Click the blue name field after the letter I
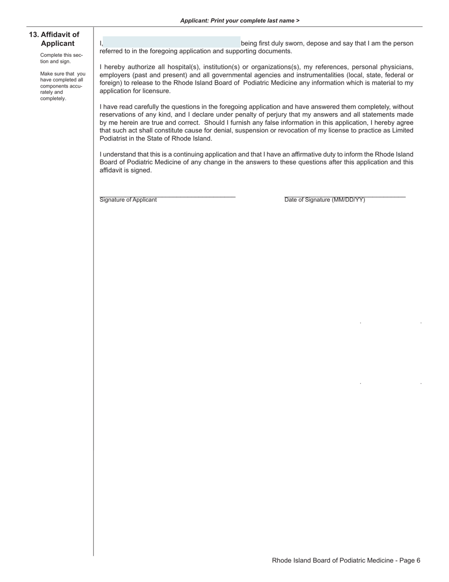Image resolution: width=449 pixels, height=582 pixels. (171, 42)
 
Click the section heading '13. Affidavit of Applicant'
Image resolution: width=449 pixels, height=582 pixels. (54, 39)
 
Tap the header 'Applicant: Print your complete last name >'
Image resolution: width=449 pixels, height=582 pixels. (240, 21)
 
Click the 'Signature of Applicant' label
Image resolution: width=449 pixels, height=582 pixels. (128, 200)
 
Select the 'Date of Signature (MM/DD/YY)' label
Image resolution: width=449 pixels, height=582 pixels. (325, 200)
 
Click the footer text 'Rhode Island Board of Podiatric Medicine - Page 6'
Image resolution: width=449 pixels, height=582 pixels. (346, 560)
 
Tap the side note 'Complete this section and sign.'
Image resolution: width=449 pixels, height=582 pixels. (61, 58)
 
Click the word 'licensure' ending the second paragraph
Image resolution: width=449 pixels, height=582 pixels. (155, 91)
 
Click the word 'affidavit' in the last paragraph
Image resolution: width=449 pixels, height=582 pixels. (112, 170)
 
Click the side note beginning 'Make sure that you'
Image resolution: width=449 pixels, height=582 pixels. (62, 86)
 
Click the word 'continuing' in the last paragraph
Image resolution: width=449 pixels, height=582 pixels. (192, 154)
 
